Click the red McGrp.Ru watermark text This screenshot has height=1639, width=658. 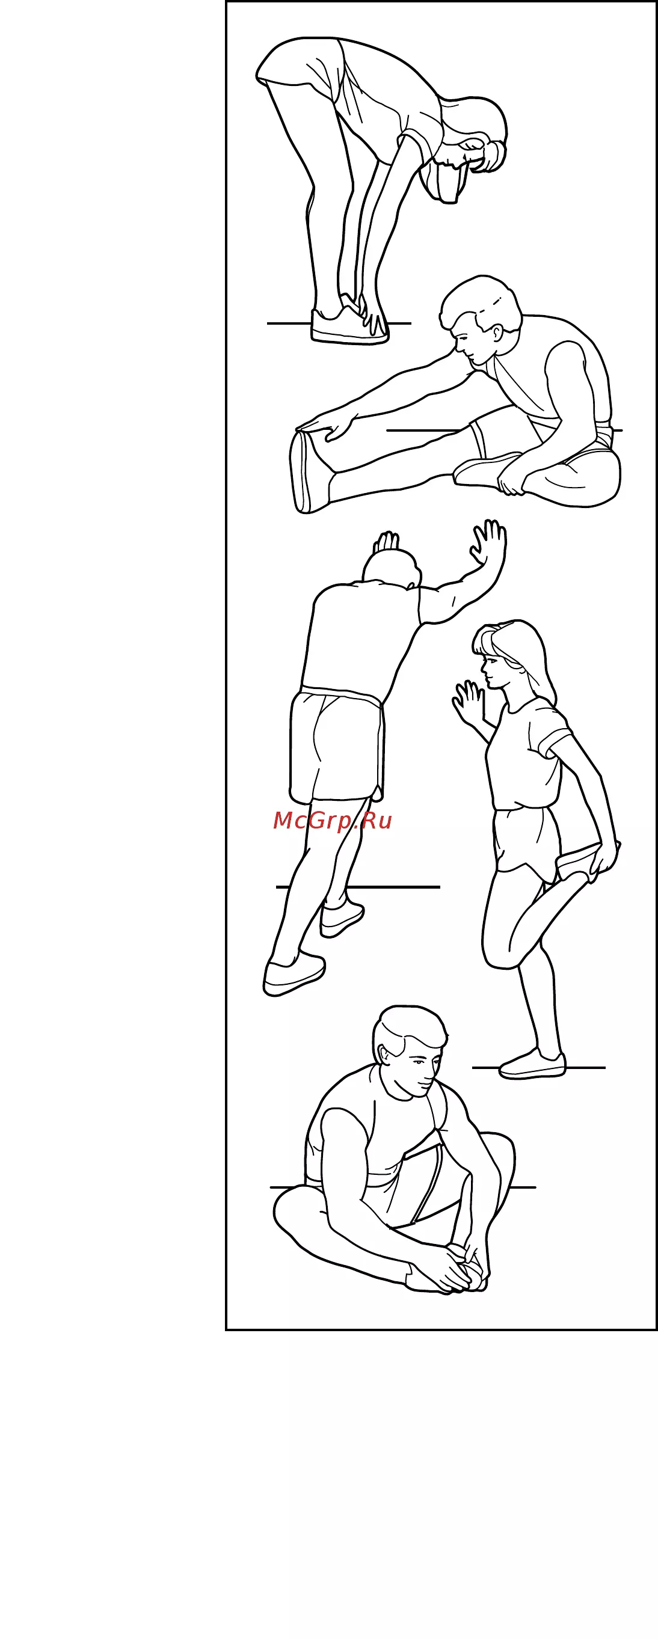332,821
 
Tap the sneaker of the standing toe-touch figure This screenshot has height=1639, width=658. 349,325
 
